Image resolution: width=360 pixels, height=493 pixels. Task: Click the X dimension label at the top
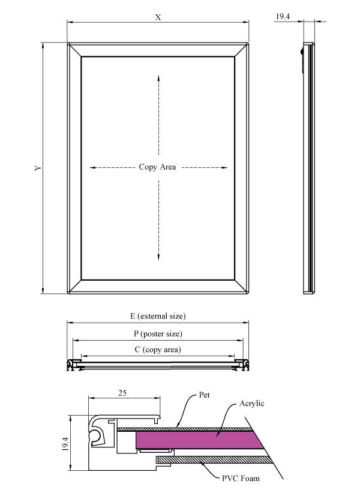tap(158, 17)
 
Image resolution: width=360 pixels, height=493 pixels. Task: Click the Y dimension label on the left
tap(38, 168)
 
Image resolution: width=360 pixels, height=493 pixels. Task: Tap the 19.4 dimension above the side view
tap(283, 17)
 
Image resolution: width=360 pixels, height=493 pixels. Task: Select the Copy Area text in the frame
tap(157, 167)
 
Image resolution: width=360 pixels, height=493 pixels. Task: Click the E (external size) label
tap(158, 315)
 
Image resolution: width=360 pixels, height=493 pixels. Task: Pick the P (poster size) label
tap(158, 333)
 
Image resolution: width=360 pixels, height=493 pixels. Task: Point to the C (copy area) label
tap(158, 349)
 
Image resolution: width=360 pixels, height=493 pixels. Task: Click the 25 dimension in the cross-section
tap(122, 393)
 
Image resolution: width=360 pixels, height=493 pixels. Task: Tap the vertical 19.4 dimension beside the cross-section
tap(65, 443)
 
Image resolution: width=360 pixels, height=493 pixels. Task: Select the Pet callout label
tap(205, 395)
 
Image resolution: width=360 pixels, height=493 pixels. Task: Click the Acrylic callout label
tap(251, 404)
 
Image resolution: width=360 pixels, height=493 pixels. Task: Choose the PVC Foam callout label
tap(241, 479)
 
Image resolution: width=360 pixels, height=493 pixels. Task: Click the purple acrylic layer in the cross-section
tap(198, 440)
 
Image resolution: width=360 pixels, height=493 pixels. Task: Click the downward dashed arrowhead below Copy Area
tap(158, 257)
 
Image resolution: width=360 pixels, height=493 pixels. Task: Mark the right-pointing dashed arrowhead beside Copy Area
tap(224, 167)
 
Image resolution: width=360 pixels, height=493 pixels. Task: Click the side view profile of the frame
tap(308, 168)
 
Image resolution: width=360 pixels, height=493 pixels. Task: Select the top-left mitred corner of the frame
tap(74, 50)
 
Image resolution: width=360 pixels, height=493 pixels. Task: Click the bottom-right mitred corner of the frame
tap(241, 287)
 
